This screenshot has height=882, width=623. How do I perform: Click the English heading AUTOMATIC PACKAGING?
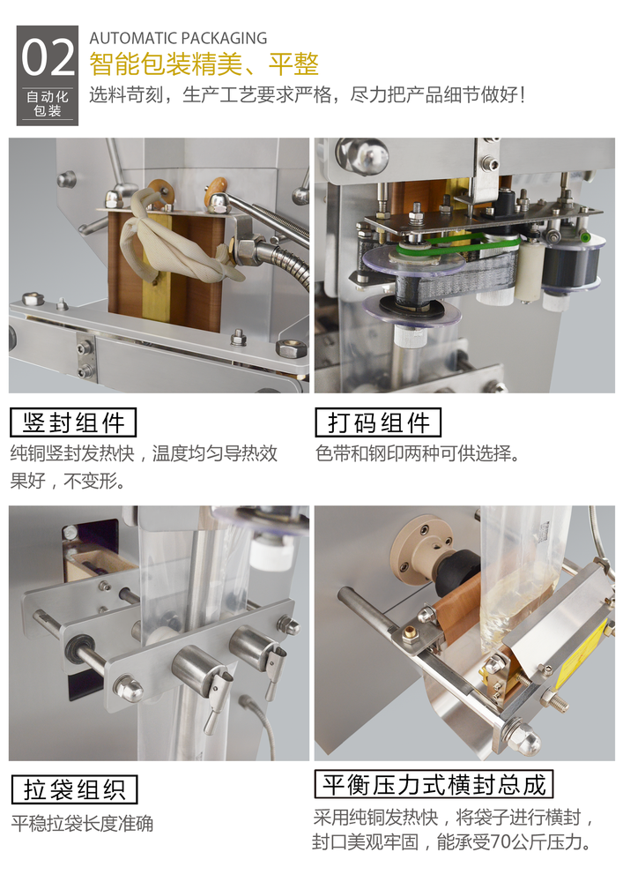tap(178, 38)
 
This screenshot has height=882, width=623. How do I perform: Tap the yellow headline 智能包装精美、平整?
tap(204, 64)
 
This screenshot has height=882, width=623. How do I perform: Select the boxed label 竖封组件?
tap(74, 422)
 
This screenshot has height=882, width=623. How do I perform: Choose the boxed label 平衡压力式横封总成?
tap(434, 783)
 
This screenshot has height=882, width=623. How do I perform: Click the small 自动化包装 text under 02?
tap(48, 103)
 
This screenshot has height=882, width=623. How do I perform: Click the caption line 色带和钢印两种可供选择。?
tap(417, 453)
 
